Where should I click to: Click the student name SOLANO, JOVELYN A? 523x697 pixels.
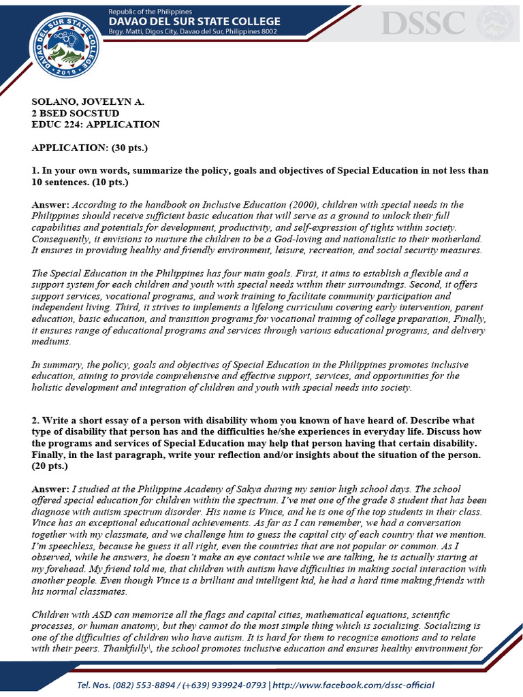point(88,101)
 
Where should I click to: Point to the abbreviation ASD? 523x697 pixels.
point(95,615)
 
